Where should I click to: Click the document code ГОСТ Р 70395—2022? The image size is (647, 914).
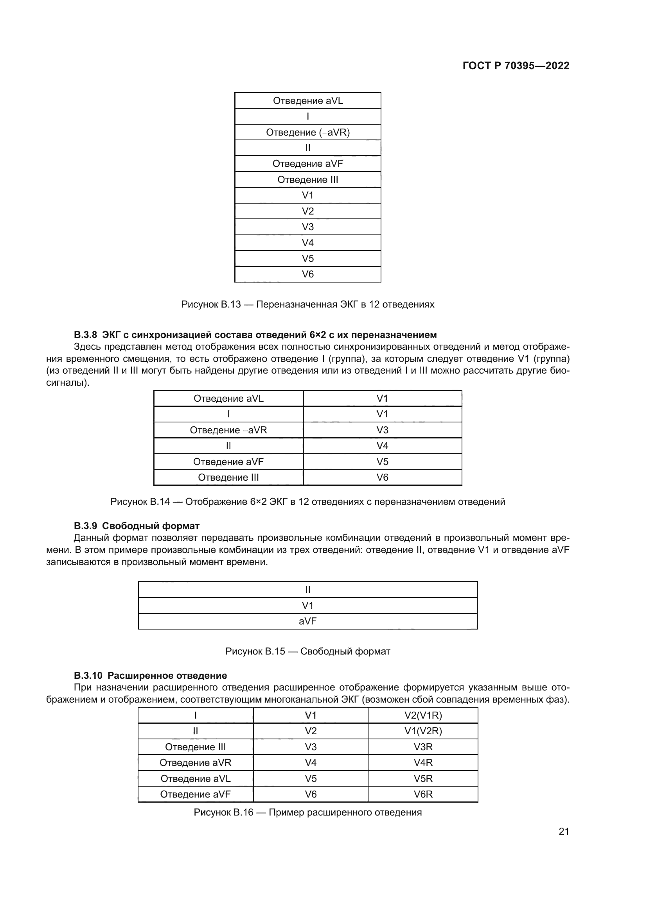(x=516, y=66)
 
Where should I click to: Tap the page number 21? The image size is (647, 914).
(x=564, y=831)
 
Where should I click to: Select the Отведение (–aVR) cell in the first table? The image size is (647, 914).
(x=307, y=132)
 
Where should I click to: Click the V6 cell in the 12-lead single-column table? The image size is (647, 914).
(x=307, y=274)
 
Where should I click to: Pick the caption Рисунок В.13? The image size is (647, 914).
(x=307, y=304)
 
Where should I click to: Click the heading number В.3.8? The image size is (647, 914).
(x=85, y=334)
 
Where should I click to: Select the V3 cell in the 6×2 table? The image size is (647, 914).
(x=382, y=430)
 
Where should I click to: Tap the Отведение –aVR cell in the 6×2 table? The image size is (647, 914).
(x=228, y=430)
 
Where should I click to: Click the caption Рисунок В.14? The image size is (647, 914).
(x=307, y=502)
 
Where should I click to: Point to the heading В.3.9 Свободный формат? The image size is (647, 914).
(x=137, y=526)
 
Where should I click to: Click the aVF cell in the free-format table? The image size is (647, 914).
(x=307, y=621)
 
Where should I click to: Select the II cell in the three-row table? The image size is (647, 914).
(x=307, y=590)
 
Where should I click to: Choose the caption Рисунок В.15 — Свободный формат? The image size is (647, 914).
(x=307, y=651)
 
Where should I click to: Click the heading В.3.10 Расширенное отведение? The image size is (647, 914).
(x=150, y=676)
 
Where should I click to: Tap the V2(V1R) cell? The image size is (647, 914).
(x=423, y=715)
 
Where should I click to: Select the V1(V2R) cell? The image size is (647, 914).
(x=423, y=731)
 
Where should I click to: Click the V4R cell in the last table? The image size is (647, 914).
(x=423, y=762)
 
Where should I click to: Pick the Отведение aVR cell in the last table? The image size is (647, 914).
(x=195, y=762)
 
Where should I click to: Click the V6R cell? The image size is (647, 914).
(x=423, y=794)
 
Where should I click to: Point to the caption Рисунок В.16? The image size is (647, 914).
(x=307, y=812)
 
